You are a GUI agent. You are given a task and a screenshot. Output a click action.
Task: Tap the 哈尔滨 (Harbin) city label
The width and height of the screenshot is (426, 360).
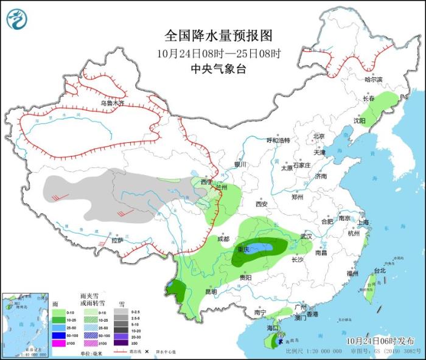(374, 80)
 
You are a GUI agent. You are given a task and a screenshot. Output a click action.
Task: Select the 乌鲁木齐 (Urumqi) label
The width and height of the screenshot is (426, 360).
(112, 103)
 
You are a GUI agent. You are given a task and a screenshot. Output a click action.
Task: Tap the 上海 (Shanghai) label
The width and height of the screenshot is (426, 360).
(365, 223)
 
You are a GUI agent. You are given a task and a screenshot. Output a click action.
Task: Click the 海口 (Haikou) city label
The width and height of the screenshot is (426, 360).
(272, 328)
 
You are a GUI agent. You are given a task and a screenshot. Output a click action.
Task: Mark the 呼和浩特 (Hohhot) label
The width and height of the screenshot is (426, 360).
(278, 140)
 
